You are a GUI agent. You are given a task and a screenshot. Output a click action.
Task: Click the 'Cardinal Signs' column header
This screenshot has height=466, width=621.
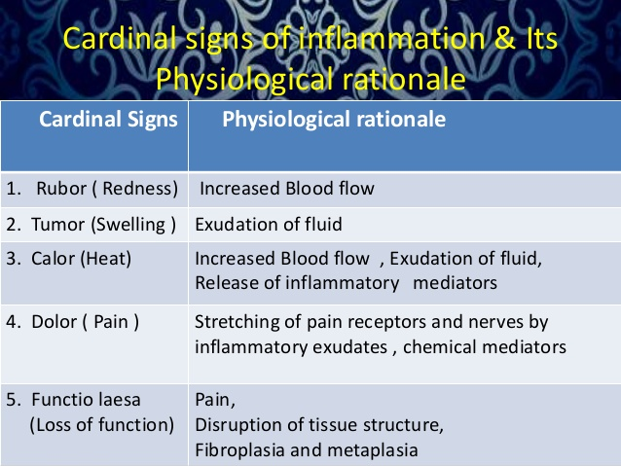pos(108,121)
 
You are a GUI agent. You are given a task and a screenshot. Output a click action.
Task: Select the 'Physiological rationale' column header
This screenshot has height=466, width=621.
pos(335,121)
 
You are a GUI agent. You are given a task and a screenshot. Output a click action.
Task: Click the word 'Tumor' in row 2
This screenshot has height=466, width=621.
pos(55,225)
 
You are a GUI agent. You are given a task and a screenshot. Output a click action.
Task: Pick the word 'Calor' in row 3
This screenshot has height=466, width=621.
pos(54,260)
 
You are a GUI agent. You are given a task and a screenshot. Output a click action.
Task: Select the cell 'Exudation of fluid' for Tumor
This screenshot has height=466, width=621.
pos(269,225)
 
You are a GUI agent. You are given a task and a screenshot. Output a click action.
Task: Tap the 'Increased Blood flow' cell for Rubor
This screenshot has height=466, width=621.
pos(286,188)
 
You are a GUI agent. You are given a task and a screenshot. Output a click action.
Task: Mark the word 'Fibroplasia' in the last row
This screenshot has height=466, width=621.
pos(237,450)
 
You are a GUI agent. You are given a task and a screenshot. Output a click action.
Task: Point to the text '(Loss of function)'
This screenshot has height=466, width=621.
pos(101,424)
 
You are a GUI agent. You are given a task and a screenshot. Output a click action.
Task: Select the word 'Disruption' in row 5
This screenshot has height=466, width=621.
pos(235,425)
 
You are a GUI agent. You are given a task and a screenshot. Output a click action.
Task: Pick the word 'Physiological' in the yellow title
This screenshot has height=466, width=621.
pos(239,77)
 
